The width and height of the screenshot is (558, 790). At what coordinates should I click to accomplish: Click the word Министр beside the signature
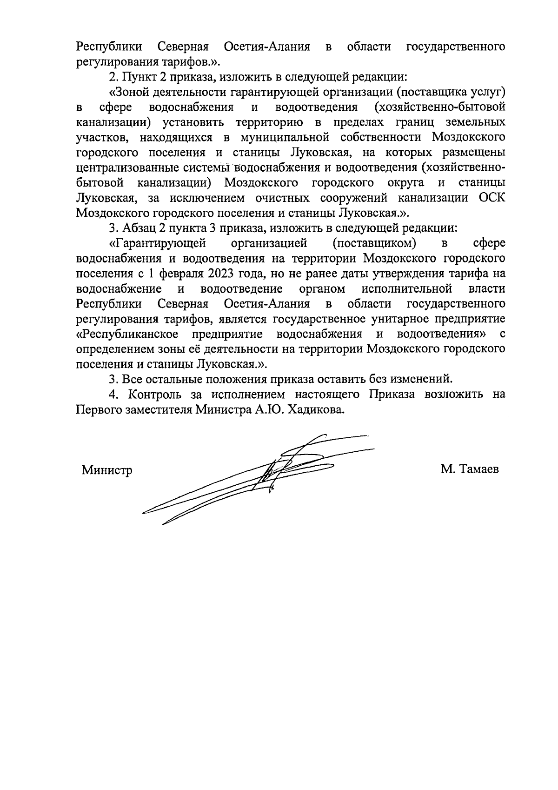[107, 470]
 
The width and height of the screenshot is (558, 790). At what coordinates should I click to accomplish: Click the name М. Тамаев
[470, 469]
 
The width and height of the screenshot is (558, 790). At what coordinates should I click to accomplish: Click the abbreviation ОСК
[492, 198]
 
